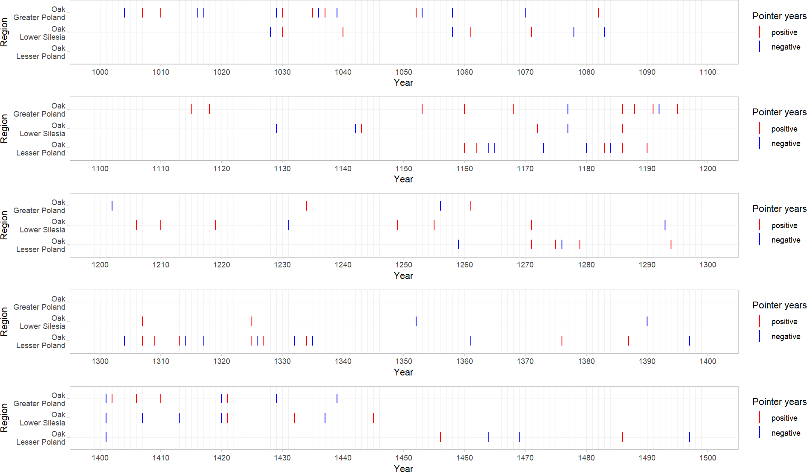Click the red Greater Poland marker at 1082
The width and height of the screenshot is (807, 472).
(x=598, y=13)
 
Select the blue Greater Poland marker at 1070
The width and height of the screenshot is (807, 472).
(x=525, y=13)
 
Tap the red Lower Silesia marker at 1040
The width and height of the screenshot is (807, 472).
(x=343, y=32)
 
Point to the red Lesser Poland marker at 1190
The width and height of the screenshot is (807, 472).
(x=647, y=148)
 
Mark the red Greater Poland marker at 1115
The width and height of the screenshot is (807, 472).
(x=191, y=109)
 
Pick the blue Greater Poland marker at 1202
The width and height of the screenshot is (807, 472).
(x=112, y=205)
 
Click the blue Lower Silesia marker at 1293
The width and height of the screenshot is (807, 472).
(x=665, y=225)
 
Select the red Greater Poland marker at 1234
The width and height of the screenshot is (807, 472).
(x=307, y=205)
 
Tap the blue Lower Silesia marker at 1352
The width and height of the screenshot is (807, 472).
(x=416, y=321)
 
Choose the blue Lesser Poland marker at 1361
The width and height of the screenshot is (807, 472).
(x=471, y=340)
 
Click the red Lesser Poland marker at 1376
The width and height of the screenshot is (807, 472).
(x=562, y=340)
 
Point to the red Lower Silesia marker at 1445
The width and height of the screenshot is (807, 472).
(x=373, y=418)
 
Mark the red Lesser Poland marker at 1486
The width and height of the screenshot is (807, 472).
(x=623, y=437)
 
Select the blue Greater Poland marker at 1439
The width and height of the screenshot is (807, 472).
(x=337, y=399)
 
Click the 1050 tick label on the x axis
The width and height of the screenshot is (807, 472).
(x=404, y=72)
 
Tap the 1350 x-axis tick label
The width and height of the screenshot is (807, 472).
(x=404, y=361)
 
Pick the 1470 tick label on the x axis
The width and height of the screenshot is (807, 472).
(x=525, y=458)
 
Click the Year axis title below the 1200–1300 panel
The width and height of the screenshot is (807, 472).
(x=403, y=276)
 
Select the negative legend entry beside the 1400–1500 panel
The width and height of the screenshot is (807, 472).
(x=786, y=433)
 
